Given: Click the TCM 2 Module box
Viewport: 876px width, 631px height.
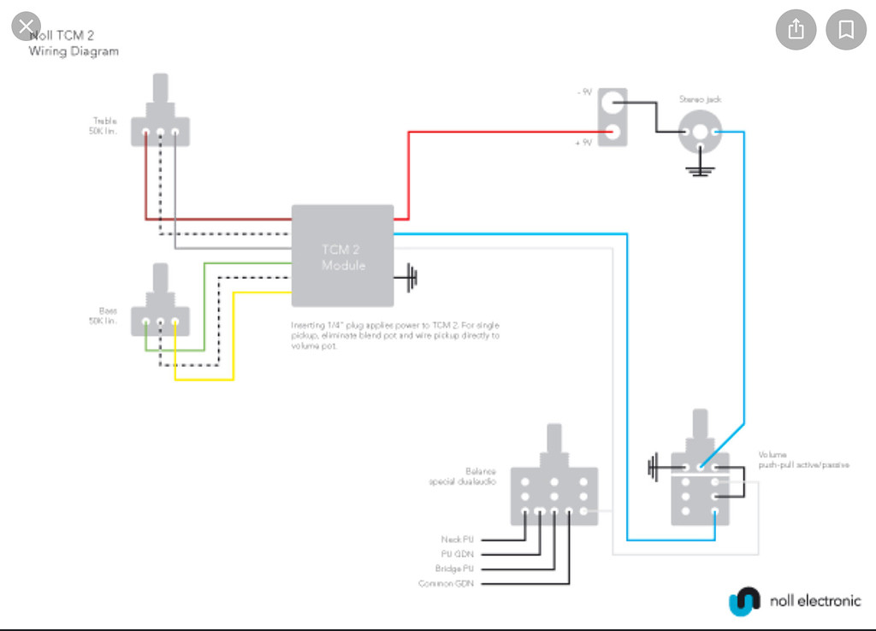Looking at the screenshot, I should [342, 256].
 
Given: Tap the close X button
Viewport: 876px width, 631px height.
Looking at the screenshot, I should [26, 25].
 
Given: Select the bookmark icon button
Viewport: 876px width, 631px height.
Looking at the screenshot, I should [845, 30].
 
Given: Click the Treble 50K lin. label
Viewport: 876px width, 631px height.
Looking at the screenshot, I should [104, 127].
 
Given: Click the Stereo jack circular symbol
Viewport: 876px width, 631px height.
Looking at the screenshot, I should [701, 133].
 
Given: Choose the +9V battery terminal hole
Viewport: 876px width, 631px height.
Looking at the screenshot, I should [613, 132].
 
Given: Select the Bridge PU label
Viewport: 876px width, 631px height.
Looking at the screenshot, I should [455, 569].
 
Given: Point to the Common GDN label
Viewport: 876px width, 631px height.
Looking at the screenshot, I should [446, 583].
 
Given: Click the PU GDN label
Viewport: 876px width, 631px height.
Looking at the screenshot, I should [457, 554].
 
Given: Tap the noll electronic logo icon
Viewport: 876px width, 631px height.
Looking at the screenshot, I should [744, 600].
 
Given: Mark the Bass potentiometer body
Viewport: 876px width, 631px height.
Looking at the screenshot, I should [160, 321].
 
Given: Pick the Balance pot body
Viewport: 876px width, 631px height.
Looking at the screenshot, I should [554, 495].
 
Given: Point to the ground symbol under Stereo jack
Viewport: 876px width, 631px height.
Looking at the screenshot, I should [701, 168].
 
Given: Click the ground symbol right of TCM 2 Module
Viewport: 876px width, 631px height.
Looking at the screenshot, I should [412, 277].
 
